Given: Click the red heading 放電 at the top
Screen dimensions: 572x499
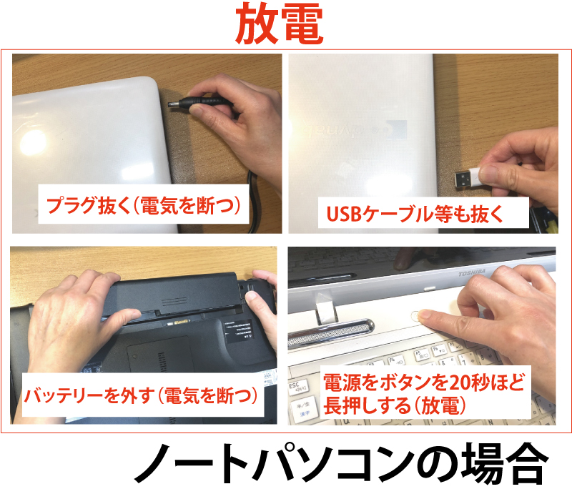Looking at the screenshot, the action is [280, 24].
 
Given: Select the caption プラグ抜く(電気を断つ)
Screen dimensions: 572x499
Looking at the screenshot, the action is [144, 205].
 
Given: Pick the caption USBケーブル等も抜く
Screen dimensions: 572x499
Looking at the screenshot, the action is [415, 213].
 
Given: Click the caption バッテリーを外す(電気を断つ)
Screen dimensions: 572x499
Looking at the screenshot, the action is [141, 395].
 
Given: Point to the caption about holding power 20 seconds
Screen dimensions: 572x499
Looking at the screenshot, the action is [423, 394].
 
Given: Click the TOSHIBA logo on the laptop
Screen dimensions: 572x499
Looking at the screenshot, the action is [472, 272].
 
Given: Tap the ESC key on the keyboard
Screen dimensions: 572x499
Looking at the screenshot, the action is [298, 387].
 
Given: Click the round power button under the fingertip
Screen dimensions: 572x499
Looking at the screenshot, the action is [416, 316].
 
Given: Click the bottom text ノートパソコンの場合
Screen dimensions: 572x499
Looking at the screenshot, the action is [341, 463].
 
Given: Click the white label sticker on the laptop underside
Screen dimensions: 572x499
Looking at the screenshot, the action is [239, 331].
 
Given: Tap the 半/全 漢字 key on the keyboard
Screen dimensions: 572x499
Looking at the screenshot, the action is [302, 408].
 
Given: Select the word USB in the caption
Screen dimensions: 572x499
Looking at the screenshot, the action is [343, 214].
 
